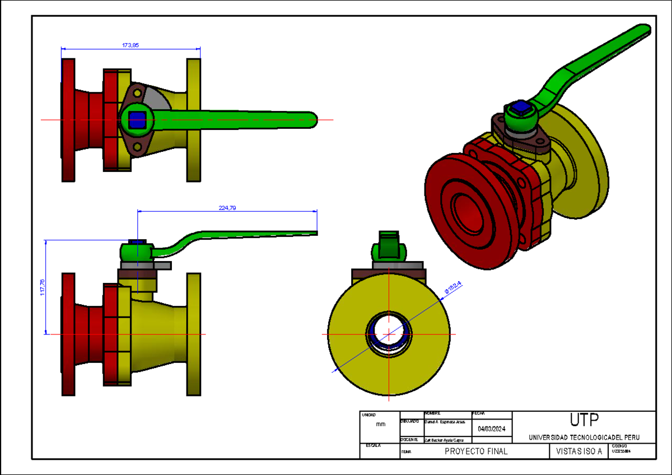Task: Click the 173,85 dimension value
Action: (x=130, y=45)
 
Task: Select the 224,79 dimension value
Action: (x=227, y=208)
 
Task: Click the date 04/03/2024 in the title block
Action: (x=492, y=429)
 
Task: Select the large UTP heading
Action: (x=584, y=420)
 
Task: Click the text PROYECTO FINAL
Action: (x=475, y=451)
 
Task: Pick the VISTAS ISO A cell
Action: (x=579, y=451)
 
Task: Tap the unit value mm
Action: (x=380, y=425)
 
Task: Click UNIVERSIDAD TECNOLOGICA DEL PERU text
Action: (x=584, y=437)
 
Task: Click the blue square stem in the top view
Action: (x=137, y=119)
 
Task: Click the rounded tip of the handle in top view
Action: (x=311, y=119)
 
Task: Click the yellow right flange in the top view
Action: (x=194, y=120)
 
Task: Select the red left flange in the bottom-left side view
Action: (x=68, y=334)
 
